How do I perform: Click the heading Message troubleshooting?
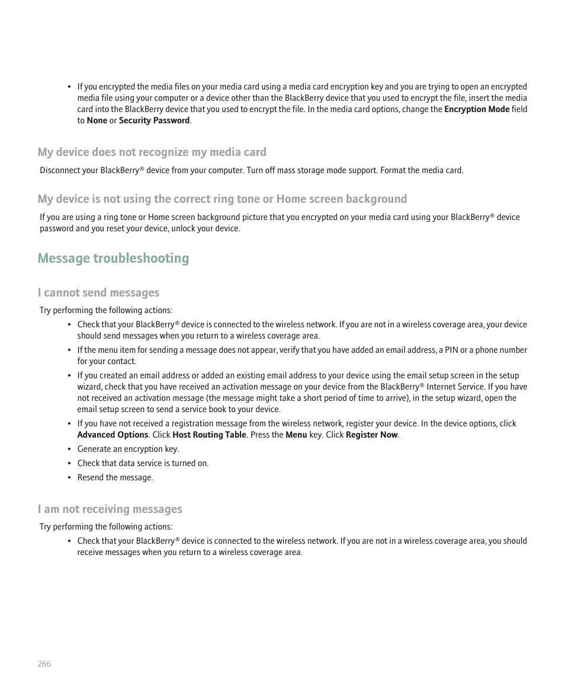pyautogui.click(x=113, y=258)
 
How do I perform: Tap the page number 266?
pyautogui.click(x=44, y=664)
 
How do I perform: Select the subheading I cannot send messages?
pyautogui.click(x=98, y=292)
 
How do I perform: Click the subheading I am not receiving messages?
pyautogui.click(x=110, y=509)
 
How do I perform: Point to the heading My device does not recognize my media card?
pyautogui.click(x=152, y=152)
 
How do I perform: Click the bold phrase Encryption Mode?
pyautogui.click(x=476, y=109)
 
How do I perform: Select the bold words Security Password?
pyautogui.click(x=154, y=120)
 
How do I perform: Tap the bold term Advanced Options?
pyautogui.click(x=113, y=435)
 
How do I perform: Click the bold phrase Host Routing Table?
pyautogui.click(x=209, y=435)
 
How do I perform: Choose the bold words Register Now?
pyautogui.click(x=371, y=435)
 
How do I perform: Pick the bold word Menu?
pyautogui.click(x=296, y=435)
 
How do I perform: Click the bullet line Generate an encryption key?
pyautogui.click(x=128, y=449)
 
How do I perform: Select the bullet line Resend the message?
pyautogui.click(x=115, y=477)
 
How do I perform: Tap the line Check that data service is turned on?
pyautogui.click(x=143, y=463)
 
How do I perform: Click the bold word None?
pyautogui.click(x=97, y=120)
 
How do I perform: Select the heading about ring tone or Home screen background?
pyautogui.click(x=222, y=199)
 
